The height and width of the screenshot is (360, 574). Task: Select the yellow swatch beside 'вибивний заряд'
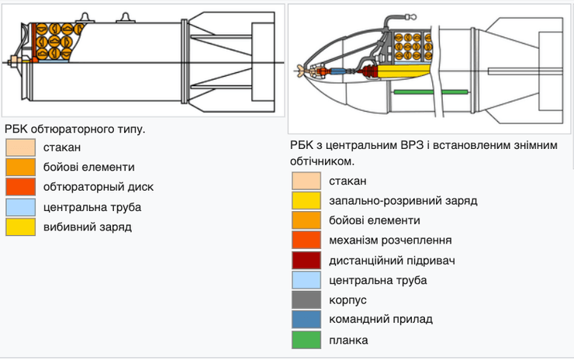pyautogui.click(x=20, y=227)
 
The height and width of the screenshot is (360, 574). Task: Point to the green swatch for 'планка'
pyautogui.click(x=307, y=340)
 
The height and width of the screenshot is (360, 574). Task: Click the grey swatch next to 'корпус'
pyautogui.click(x=307, y=300)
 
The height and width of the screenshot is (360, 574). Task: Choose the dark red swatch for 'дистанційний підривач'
pyautogui.click(x=307, y=261)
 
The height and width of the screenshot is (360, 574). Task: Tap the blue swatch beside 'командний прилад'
pyautogui.click(x=307, y=320)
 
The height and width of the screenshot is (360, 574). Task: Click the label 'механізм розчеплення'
pyautogui.click(x=390, y=241)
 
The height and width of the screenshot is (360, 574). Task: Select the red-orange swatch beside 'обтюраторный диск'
pyautogui.click(x=20, y=187)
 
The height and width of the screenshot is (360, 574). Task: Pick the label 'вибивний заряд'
pyautogui.click(x=88, y=227)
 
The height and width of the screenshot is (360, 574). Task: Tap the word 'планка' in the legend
pyautogui.click(x=348, y=340)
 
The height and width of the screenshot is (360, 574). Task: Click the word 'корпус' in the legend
pyautogui.click(x=348, y=300)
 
